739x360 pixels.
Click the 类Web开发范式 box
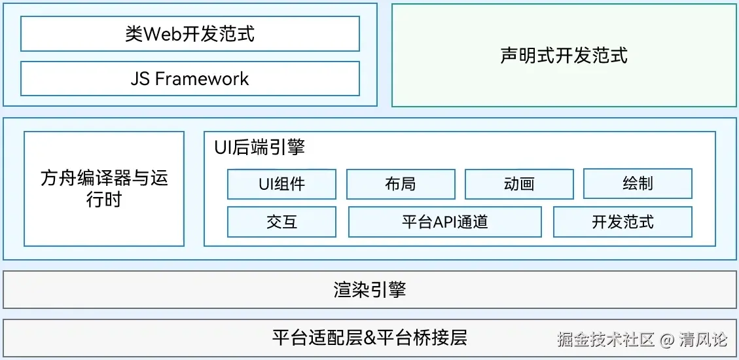(190, 34)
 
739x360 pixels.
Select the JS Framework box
(190, 79)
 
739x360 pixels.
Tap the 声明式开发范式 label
(564, 56)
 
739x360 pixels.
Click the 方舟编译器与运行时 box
(104, 189)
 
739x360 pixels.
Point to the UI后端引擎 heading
(259, 147)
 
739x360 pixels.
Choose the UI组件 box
(281, 184)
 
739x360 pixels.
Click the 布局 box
(400, 184)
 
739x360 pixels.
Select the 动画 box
(519, 184)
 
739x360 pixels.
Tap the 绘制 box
(638, 184)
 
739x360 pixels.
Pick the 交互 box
(281, 222)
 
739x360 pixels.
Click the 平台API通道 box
(444, 222)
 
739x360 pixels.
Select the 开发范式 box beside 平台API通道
(622, 222)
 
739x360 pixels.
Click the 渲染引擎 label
(369, 290)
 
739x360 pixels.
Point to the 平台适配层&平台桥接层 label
(369, 338)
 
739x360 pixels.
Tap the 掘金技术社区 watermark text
(605, 340)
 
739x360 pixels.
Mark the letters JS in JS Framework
(140, 79)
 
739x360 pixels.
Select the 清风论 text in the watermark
(703, 340)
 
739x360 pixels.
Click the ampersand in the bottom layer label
(369, 338)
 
